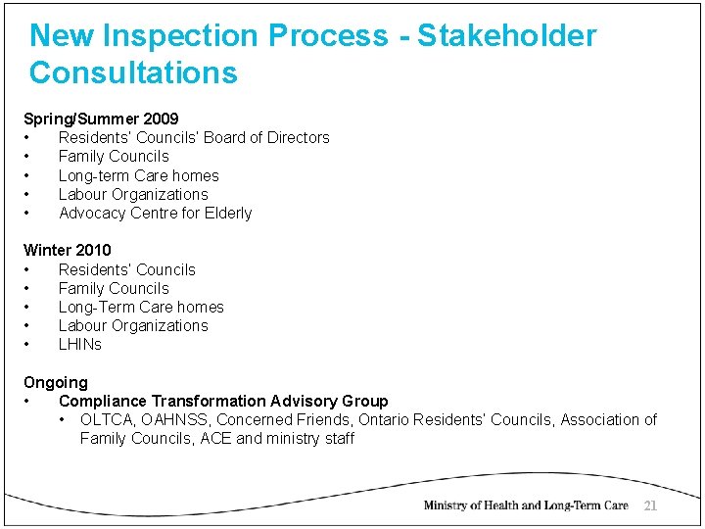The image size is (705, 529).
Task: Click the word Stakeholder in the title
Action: point(506,36)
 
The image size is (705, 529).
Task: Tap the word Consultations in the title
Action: point(133,72)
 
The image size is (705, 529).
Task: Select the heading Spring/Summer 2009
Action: point(101,119)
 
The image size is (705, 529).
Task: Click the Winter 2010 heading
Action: point(68,250)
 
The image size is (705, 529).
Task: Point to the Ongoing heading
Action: point(56,382)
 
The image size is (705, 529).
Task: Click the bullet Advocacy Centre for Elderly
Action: point(155,213)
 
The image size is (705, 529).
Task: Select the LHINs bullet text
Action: point(80,344)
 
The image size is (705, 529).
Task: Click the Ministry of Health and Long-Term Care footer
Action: point(526,505)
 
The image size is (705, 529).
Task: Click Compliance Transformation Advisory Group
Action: point(223,401)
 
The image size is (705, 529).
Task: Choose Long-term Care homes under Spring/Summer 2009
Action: point(138,175)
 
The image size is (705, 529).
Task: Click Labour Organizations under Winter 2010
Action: point(133,325)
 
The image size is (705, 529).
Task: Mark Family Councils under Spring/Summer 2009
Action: point(114,156)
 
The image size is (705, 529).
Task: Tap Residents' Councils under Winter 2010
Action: point(127,269)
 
